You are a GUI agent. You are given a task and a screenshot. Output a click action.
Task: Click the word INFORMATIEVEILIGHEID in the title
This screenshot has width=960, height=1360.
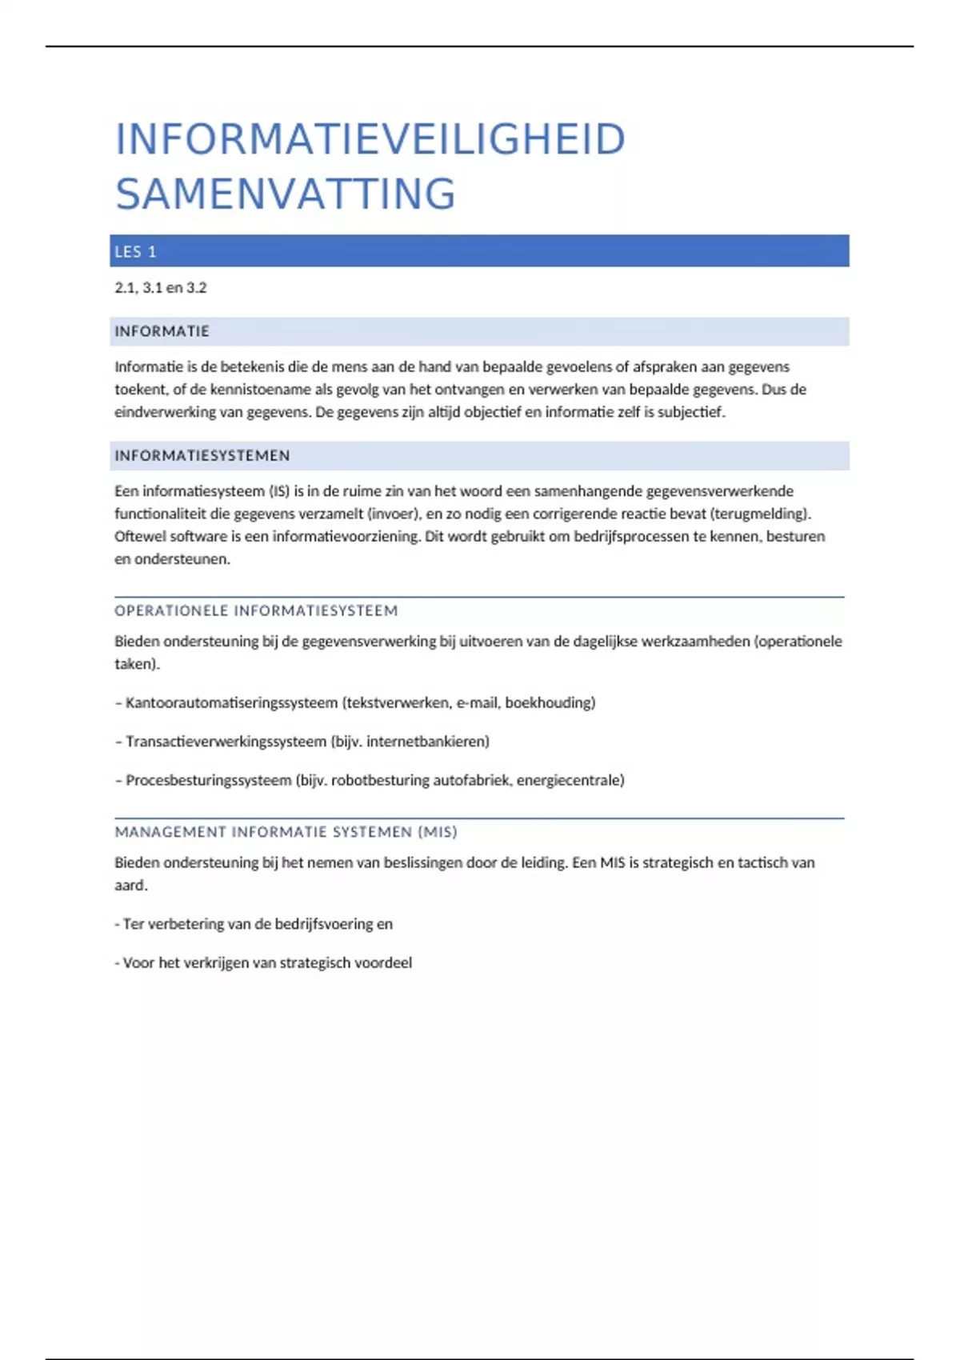(370, 139)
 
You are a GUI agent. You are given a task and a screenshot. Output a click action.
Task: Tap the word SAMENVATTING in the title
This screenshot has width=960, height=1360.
(286, 194)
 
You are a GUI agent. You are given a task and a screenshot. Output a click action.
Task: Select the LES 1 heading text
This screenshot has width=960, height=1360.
(135, 252)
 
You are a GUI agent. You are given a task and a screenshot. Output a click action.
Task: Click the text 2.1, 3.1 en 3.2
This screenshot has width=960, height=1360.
(160, 288)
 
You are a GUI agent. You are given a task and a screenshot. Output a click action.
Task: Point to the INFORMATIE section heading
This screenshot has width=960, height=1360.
(162, 331)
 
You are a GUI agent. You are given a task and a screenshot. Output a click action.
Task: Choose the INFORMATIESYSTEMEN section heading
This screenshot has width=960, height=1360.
(202, 456)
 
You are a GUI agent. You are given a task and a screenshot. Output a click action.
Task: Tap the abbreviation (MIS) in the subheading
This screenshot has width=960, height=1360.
(437, 832)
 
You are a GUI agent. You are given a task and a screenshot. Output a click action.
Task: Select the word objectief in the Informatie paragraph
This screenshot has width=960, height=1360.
(489, 413)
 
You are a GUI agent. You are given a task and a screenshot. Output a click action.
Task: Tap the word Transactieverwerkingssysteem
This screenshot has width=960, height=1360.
(226, 742)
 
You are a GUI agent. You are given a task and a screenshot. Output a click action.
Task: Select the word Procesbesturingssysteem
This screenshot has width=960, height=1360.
(208, 780)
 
